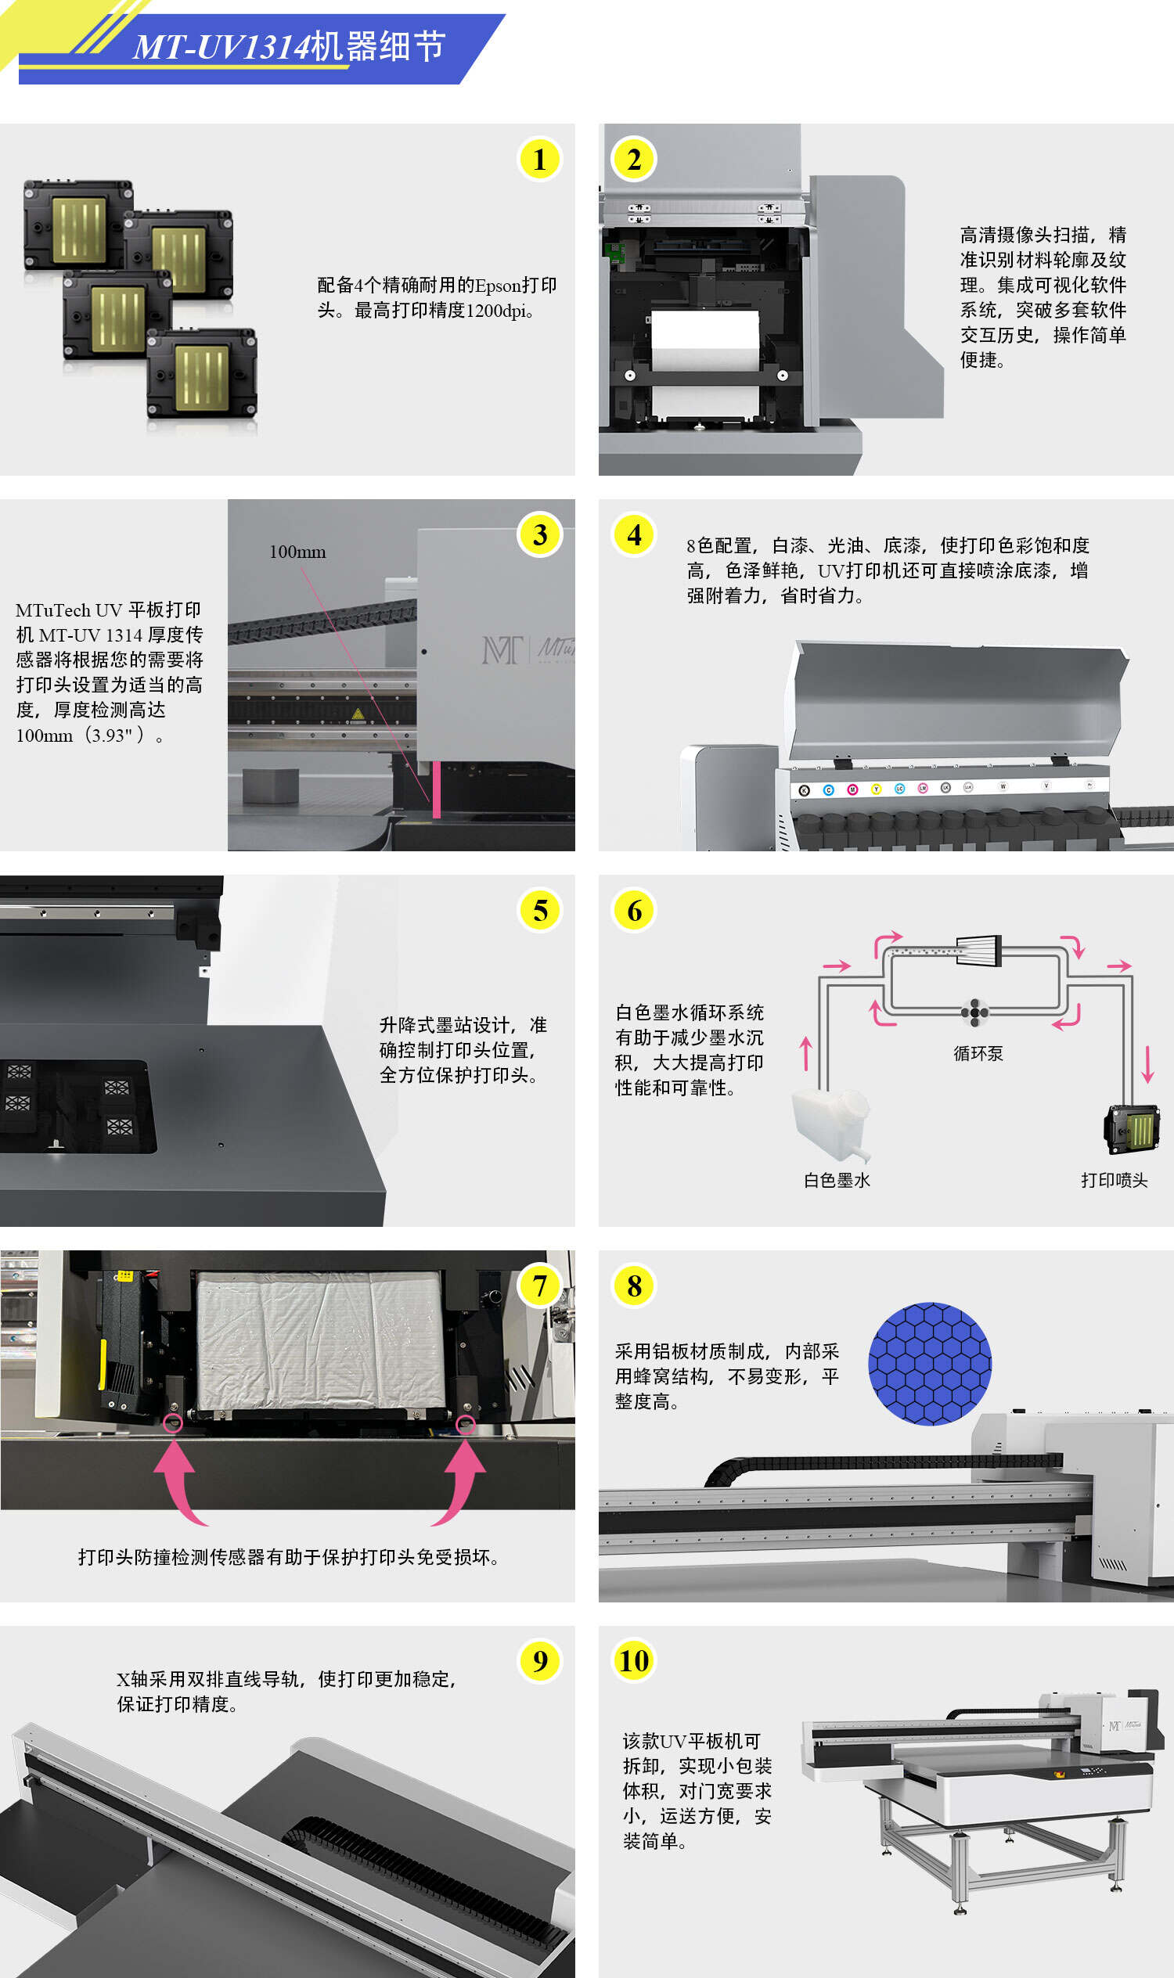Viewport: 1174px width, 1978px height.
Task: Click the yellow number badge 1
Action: (539, 159)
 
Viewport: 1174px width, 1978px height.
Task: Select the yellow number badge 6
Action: (635, 910)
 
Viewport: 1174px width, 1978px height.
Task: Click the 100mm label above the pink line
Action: (297, 552)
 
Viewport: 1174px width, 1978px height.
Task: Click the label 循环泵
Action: (978, 1053)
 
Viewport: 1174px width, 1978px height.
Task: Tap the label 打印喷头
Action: (1114, 1180)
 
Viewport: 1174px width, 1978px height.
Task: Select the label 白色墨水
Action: (837, 1180)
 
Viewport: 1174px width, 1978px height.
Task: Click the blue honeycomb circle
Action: (930, 1364)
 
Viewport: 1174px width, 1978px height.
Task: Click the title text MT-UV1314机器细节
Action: (290, 47)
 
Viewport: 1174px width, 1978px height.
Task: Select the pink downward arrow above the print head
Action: (1148, 1063)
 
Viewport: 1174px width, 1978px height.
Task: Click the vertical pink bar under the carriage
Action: (436, 789)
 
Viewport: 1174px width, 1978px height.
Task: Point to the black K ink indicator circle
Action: (805, 790)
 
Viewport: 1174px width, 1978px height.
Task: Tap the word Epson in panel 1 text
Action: (498, 286)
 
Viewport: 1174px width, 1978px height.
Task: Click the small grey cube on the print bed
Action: (270, 786)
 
